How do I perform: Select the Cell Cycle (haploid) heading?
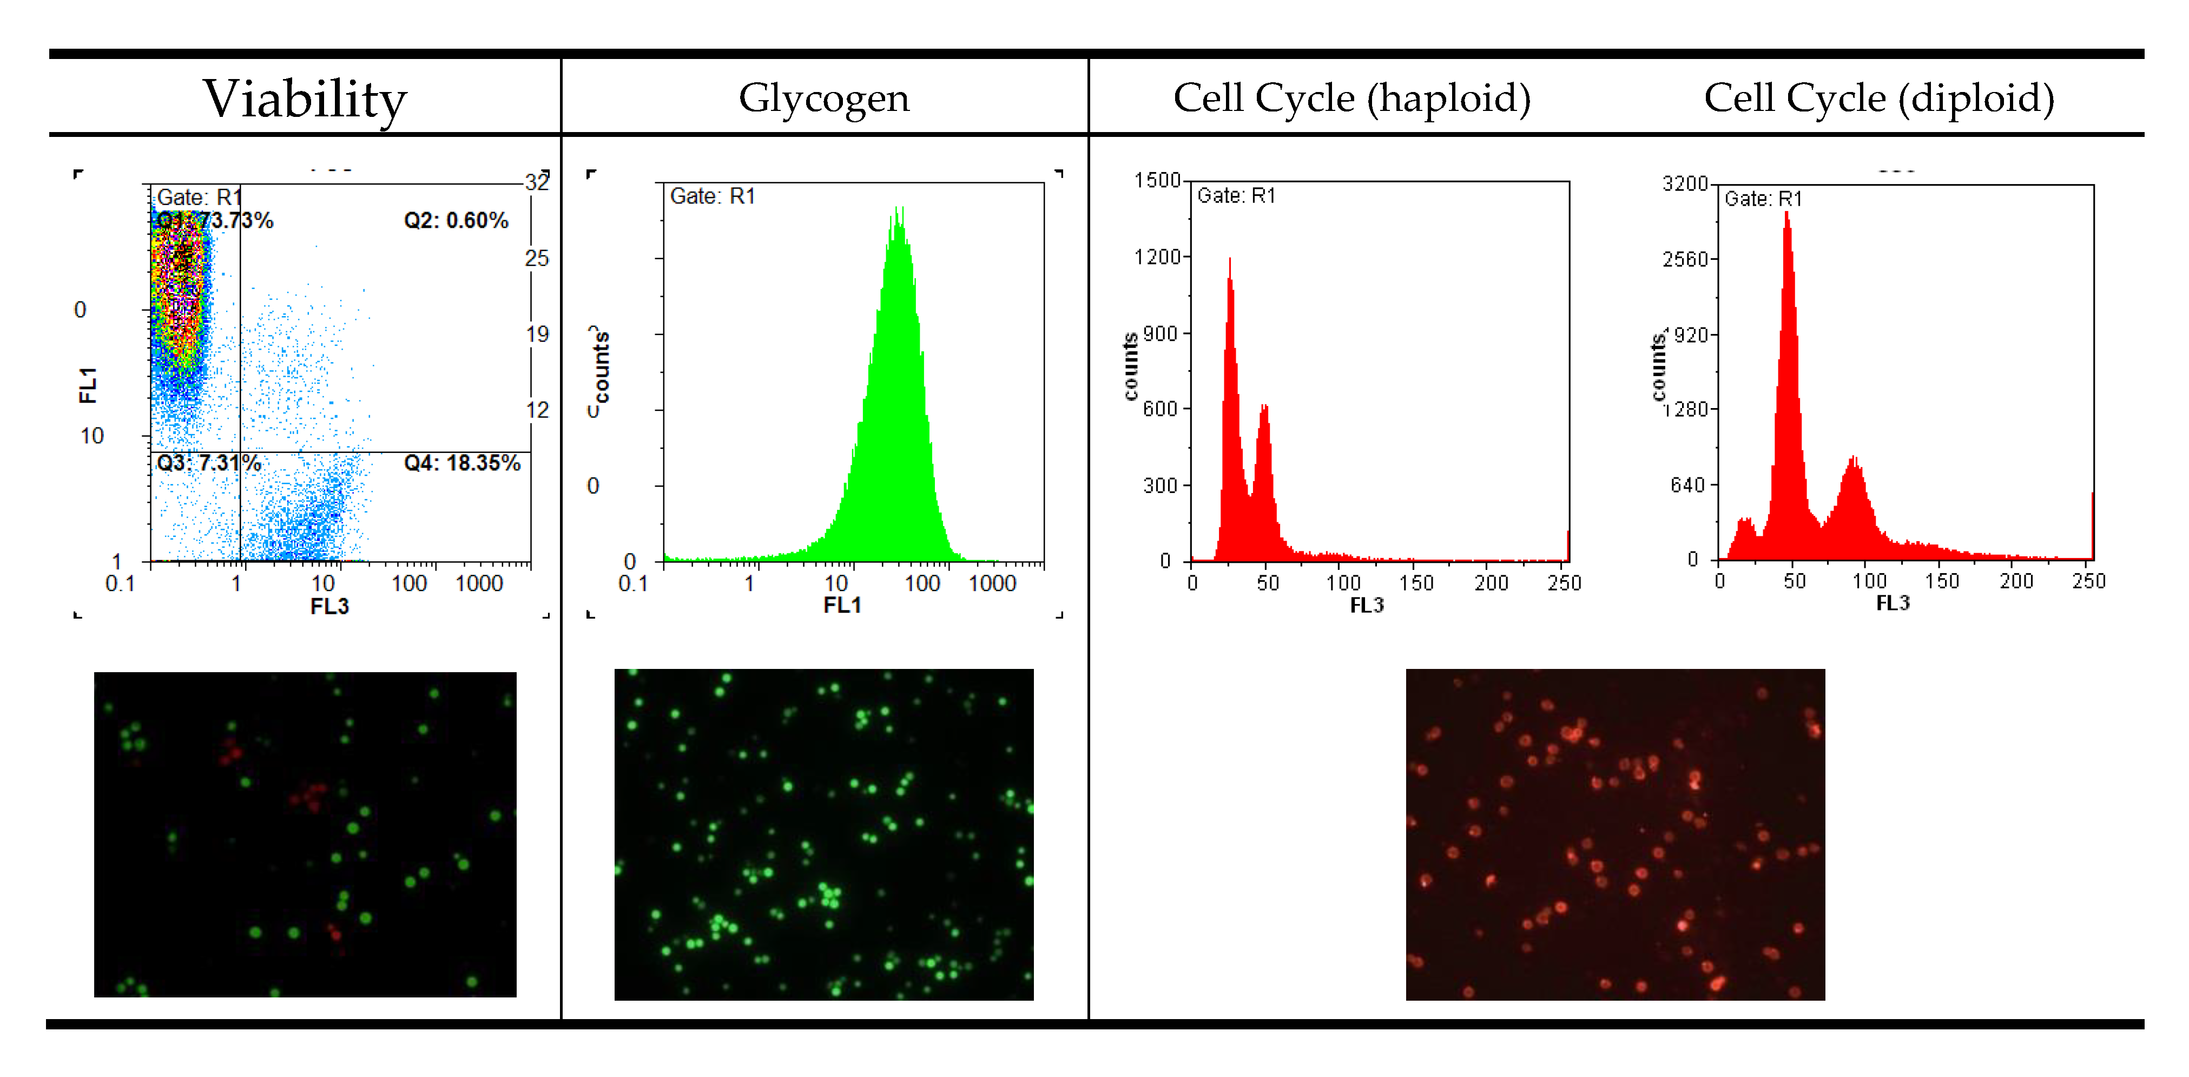pyautogui.click(x=1351, y=98)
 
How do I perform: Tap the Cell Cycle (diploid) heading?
pyautogui.click(x=1879, y=98)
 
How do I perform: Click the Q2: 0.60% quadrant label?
pyautogui.click(x=456, y=221)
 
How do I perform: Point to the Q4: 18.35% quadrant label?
pyautogui.click(x=461, y=463)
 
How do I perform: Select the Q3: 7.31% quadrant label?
pyautogui.click(x=208, y=463)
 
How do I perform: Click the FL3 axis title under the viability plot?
pyautogui.click(x=329, y=606)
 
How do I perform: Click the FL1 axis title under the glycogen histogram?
pyautogui.click(x=841, y=605)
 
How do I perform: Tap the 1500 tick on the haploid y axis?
pyautogui.click(x=1157, y=180)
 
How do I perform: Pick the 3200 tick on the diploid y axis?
pyautogui.click(x=1685, y=183)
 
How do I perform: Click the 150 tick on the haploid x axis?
pyautogui.click(x=1416, y=583)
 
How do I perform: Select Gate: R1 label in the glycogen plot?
pyautogui.click(x=712, y=196)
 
